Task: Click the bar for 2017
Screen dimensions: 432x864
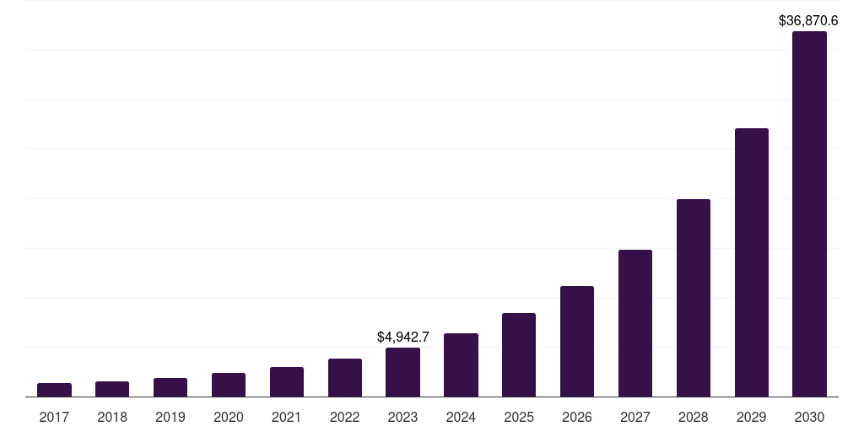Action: [54, 390]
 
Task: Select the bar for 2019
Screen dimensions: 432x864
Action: [170, 387]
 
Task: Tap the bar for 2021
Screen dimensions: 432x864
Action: [287, 382]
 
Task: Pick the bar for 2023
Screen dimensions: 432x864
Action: [402, 372]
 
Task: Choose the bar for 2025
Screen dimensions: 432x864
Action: [519, 355]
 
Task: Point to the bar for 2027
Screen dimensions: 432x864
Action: [635, 323]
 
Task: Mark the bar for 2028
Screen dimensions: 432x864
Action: [694, 298]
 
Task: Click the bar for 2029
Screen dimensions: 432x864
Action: [752, 262]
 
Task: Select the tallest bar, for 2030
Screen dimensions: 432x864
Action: [809, 214]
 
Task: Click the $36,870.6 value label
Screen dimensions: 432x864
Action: [808, 20]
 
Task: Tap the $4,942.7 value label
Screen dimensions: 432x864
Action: [403, 337]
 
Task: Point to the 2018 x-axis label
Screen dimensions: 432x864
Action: [112, 417]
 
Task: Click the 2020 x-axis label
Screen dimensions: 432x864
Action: [229, 417]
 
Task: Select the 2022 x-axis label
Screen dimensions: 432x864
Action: [345, 417]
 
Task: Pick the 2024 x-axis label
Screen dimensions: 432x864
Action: [461, 417]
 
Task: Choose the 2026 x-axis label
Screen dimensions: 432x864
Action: [577, 417]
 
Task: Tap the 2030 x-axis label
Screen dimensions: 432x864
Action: [809, 417]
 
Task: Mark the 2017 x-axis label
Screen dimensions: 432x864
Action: [54, 417]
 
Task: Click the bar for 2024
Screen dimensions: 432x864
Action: [461, 365]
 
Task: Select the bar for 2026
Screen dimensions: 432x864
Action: [577, 342]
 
